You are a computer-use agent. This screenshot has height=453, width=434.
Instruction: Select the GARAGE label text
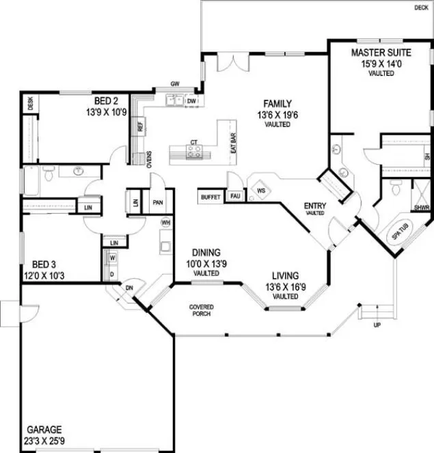pyautogui.click(x=44, y=429)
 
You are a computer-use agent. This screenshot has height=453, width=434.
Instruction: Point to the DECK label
pyautogui.click(x=421, y=8)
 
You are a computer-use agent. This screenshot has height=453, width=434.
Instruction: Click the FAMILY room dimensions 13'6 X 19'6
pyautogui.click(x=274, y=115)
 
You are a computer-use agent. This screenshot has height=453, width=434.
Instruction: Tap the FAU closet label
pyautogui.click(x=234, y=197)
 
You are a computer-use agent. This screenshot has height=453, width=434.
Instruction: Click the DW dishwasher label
pyautogui.click(x=192, y=102)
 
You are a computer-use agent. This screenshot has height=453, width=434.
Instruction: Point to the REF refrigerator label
pyautogui.click(x=140, y=126)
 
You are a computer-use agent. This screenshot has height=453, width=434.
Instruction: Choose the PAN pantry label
pyautogui.click(x=157, y=203)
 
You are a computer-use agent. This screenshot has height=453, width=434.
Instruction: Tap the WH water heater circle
pyautogui.click(x=165, y=222)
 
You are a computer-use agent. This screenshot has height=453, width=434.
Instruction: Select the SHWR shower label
pyautogui.click(x=422, y=206)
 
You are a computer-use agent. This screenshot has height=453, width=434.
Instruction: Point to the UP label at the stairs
pyautogui.click(x=377, y=325)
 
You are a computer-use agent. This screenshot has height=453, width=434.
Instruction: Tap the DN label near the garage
pyautogui.click(x=128, y=288)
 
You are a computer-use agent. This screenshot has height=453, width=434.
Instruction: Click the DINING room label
pyautogui.click(x=205, y=251)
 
